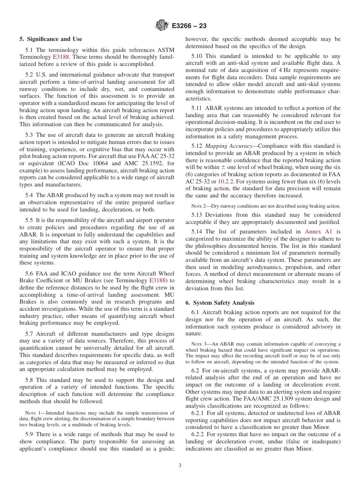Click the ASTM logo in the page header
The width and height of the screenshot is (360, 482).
[162, 26]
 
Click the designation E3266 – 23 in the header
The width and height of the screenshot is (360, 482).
[189, 26]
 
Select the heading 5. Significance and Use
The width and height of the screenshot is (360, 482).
[50, 39]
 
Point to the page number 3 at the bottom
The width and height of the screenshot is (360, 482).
[180, 465]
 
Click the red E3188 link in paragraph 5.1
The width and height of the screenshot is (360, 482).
[60, 57]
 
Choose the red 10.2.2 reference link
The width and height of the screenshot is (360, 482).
[225, 182]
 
